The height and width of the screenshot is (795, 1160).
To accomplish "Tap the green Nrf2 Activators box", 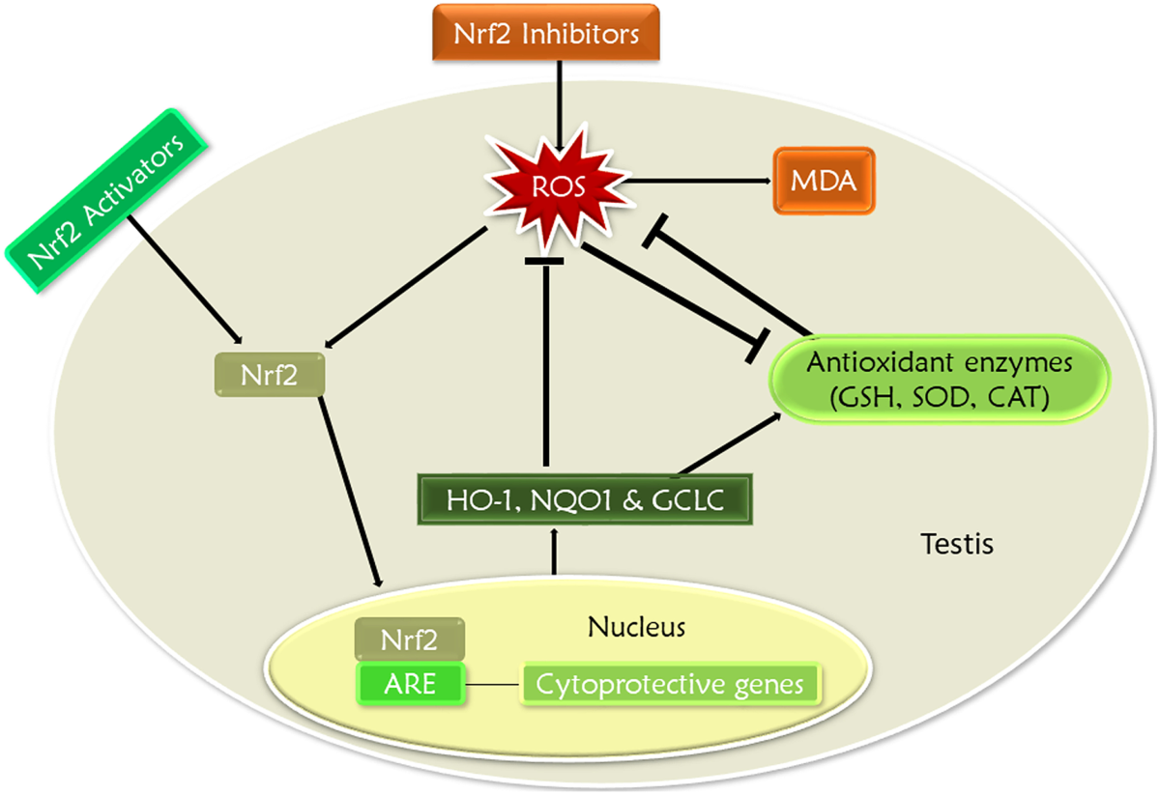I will coord(107,200).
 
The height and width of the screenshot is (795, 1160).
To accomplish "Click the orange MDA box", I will coord(824,181).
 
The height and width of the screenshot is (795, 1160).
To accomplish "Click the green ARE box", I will coord(409,685).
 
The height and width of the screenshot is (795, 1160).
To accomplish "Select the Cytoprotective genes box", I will coord(669,685).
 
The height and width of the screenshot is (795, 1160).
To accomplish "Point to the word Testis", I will coord(955,545).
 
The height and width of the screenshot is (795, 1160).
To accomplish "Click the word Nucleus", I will coord(636,627).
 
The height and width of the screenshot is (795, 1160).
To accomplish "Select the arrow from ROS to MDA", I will coord(696,181).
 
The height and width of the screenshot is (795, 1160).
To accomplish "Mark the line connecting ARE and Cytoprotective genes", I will coord(493,685).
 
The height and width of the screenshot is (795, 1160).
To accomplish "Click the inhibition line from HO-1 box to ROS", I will coord(546,367).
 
